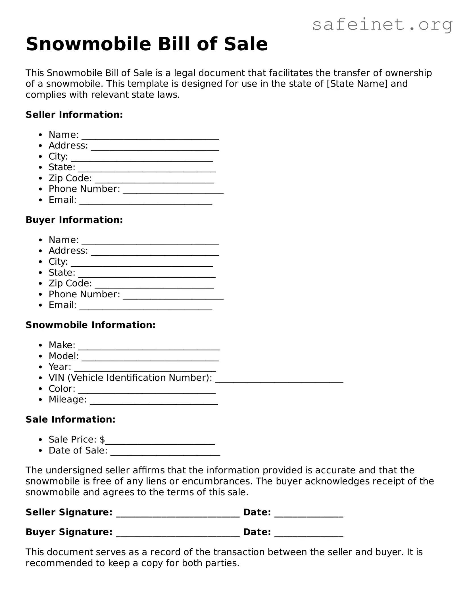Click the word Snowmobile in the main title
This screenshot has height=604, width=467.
click(88, 44)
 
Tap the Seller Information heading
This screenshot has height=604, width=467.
click(74, 115)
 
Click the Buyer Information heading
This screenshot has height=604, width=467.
click(74, 220)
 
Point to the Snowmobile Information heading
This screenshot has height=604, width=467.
click(91, 325)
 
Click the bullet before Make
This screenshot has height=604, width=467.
click(41, 345)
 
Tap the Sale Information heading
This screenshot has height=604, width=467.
click(70, 419)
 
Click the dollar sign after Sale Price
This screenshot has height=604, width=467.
click(102, 440)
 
